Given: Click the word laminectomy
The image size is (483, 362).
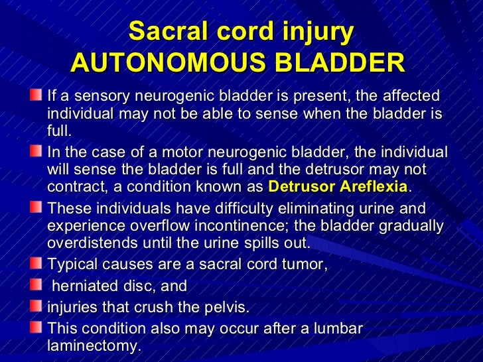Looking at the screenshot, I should click(94, 345).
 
